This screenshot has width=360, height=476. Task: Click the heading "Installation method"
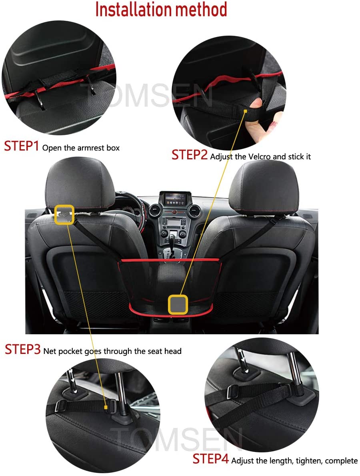point(161,10)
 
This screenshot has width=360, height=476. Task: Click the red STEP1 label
point(21,146)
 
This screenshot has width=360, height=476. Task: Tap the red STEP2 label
point(189,155)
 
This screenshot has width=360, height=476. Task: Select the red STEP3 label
point(22,349)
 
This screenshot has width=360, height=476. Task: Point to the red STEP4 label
point(210,459)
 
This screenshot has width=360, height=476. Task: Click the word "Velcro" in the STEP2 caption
point(259,157)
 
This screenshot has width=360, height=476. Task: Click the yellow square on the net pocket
point(178,305)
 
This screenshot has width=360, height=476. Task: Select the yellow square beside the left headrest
point(64,215)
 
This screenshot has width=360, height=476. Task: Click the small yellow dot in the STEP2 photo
point(245,111)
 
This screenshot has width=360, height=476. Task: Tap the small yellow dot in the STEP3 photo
point(106,408)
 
